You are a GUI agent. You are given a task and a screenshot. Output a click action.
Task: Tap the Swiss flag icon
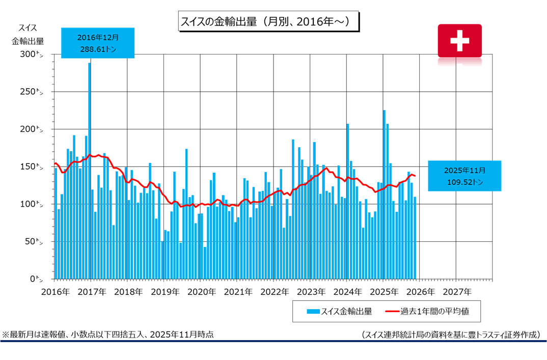459,41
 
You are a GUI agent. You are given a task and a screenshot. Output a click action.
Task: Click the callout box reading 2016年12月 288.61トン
98,43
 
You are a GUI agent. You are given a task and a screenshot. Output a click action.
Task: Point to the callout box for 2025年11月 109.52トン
464,176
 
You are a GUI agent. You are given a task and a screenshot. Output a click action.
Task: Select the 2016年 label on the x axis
54,292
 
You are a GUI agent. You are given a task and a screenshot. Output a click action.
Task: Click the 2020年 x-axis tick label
201,292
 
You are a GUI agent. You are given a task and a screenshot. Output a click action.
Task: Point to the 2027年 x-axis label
457,292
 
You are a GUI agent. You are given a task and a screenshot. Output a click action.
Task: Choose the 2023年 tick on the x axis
311,292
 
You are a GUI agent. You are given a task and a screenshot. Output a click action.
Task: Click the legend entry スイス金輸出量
339,311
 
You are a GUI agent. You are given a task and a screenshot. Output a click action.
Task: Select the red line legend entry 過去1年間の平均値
431,311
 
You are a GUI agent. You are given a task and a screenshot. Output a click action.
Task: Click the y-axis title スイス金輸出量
28,34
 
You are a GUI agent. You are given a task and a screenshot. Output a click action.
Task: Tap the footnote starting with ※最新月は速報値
108,335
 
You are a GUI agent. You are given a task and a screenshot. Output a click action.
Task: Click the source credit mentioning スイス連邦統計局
451,335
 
